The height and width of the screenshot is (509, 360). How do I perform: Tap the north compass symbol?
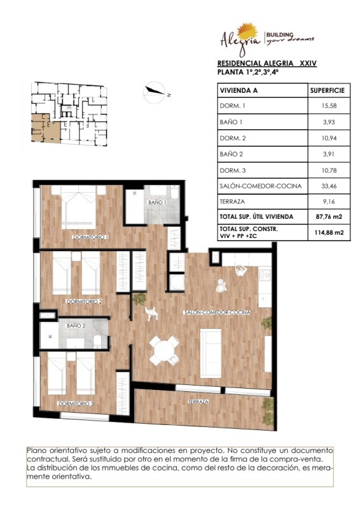pyautogui.click(x=154, y=92)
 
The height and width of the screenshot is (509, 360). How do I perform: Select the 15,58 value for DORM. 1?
pyautogui.click(x=329, y=106)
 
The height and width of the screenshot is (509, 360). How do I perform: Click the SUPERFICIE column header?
pyautogui.click(x=327, y=90)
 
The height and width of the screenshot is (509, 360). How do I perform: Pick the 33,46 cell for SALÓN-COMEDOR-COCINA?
pyautogui.click(x=329, y=186)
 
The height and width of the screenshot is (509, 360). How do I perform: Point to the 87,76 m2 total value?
pyautogui.click(x=329, y=216)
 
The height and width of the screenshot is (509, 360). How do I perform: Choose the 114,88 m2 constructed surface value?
pyautogui.click(x=329, y=232)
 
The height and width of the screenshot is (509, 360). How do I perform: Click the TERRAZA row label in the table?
pyautogui.click(x=232, y=202)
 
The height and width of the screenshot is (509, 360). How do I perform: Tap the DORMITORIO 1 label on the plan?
pyautogui.click(x=91, y=237)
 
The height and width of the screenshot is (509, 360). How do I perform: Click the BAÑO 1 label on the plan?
pyautogui.click(x=158, y=202)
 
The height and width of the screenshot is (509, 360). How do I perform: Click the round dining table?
pyautogui.click(x=165, y=351)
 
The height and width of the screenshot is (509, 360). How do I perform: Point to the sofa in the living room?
pyautogui.click(x=211, y=353)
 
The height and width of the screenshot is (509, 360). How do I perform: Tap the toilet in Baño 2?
pyautogui.click(x=97, y=342)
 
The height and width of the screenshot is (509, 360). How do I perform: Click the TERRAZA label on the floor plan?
pyautogui.click(x=198, y=402)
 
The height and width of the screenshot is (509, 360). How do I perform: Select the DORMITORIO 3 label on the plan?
pyautogui.click(x=76, y=403)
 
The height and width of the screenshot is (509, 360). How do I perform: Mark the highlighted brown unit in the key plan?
pyautogui.click(x=46, y=129)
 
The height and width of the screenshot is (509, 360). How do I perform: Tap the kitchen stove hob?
pyautogui.click(x=265, y=275)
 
